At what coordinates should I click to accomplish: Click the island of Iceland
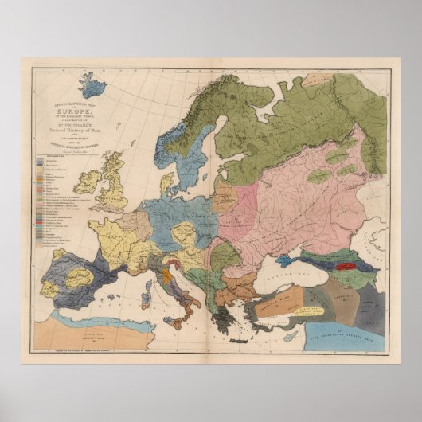pos(94,85)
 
